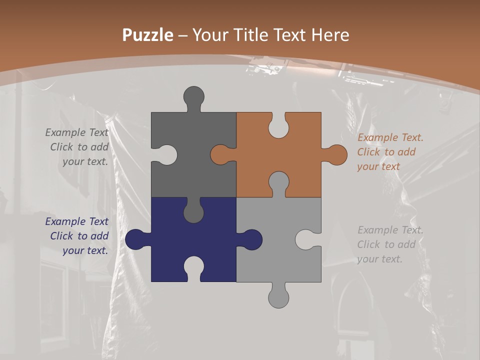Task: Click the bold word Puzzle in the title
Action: pyautogui.click(x=147, y=35)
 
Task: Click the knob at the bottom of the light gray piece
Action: pyautogui.click(x=278, y=296)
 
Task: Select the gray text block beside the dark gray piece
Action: pyautogui.click(x=77, y=147)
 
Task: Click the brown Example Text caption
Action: pyautogui.click(x=389, y=152)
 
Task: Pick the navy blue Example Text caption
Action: pyautogui.click(x=77, y=236)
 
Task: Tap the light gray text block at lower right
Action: pyautogui.click(x=389, y=244)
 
